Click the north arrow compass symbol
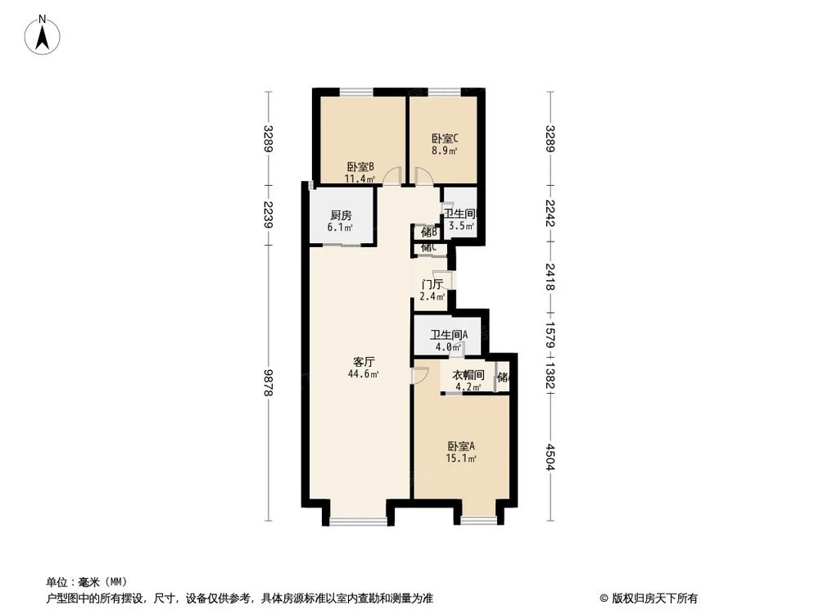click(43, 36)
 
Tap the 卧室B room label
click(360, 166)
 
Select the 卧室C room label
click(445, 138)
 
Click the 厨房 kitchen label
click(341, 215)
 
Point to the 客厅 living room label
click(364, 361)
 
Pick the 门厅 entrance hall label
click(432, 285)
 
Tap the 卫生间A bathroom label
click(449, 334)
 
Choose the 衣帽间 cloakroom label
click(468, 376)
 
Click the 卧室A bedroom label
click(461, 446)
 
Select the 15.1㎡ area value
click(461, 459)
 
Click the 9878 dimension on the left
click(268, 382)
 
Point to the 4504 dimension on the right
click(550, 457)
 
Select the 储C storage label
click(428, 247)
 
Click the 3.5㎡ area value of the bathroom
click(459, 226)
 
